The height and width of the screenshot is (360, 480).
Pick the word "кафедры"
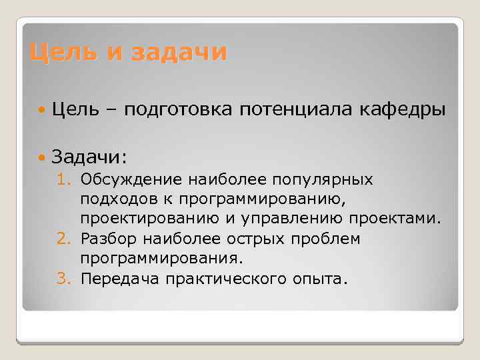[x=405, y=110]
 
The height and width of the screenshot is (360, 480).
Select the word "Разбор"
[x=109, y=239]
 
